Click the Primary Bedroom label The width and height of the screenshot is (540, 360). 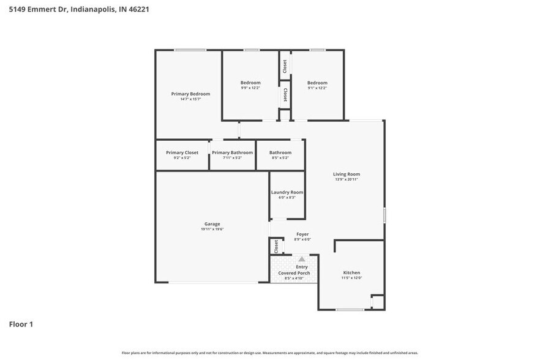(190, 94)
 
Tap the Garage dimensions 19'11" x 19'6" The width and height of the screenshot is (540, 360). (212, 230)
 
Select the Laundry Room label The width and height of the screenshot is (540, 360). (287, 192)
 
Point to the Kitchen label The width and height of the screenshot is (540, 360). (351, 272)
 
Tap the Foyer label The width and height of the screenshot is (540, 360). (302, 234)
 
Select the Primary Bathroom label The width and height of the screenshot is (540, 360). (232, 152)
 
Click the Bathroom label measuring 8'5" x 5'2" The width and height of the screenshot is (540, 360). (280, 152)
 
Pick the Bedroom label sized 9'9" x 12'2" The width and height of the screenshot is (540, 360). (250, 83)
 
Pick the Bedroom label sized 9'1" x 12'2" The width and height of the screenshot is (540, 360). (317, 83)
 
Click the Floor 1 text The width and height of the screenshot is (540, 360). (21, 324)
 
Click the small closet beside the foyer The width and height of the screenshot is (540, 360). (276, 246)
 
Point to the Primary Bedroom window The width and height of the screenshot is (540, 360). (189, 50)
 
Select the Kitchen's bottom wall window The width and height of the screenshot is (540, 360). (350, 310)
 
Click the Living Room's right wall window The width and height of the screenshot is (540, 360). (384, 215)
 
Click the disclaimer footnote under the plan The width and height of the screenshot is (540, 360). (270, 353)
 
